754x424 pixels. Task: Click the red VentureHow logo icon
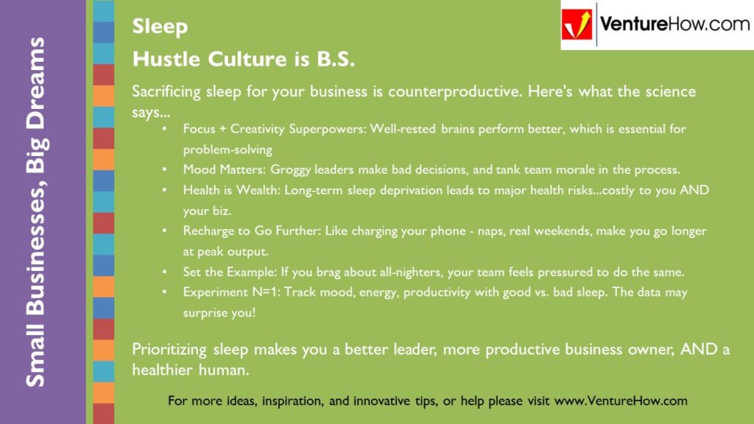[x=577, y=24]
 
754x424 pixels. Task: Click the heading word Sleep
[x=160, y=27]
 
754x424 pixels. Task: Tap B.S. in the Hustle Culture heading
[x=335, y=59]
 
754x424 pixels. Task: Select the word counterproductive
[x=455, y=91]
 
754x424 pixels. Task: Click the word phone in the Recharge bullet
[x=448, y=231]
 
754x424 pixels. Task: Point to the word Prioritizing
[x=169, y=350]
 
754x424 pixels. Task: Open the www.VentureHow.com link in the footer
[x=621, y=401]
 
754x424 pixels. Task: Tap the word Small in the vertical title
[x=35, y=356]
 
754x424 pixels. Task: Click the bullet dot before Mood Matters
[x=165, y=170]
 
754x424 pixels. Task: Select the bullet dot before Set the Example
[x=165, y=272]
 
